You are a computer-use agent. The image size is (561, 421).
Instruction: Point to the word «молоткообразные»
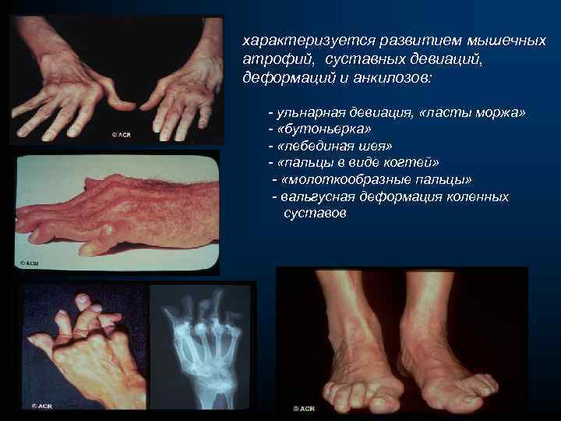click(x=361, y=180)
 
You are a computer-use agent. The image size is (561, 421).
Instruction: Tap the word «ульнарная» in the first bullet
click(x=307, y=113)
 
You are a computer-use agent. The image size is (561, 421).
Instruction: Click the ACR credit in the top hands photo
click(x=120, y=134)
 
